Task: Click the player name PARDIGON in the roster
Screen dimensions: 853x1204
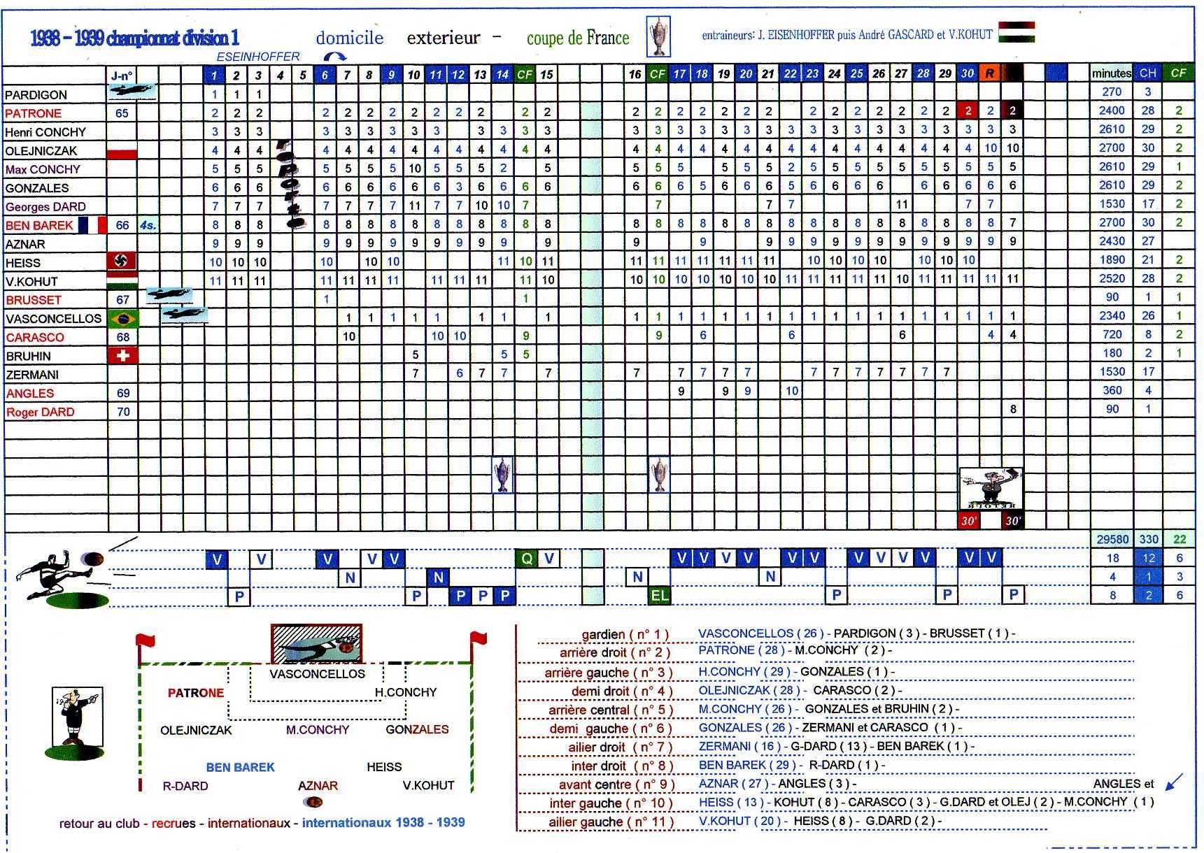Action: pyautogui.click(x=36, y=95)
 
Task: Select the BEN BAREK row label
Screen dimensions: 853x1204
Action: pyautogui.click(x=39, y=225)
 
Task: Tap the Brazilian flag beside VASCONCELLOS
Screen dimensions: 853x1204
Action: pyautogui.click(x=122, y=319)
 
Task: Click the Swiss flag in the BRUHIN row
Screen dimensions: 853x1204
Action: pyautogui.click(x=122, y=356)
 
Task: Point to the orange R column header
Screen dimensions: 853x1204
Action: pyautogui.click(x=989, y=73)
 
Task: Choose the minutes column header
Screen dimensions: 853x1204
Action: pyautogui.click(x=1111, y=73)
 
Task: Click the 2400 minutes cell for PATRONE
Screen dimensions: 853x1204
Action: pyautogui.click(x=1111, y=110)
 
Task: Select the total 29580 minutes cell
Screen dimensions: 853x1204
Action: pyautogui.click(x=1112, y=539)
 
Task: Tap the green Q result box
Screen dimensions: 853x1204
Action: pyautogui.click(x=526, y=559)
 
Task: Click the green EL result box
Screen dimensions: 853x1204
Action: pyautogui.click(x=659, y=596)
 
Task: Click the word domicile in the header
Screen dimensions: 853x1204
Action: pyautogui.click(x=350, y=38)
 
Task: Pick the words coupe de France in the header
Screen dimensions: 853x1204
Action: pyautogui.click(x=578, y=38)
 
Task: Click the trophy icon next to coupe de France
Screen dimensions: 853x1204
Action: pyautogui.click(x=658, y=36)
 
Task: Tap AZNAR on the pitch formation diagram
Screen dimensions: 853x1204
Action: pyautogui.click(x=318, y=786)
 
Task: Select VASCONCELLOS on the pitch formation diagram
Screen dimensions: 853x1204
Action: pyautogui.click(x=317, y=674)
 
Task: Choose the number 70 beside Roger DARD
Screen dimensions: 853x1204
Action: pyautogui.click(x=123, y=412)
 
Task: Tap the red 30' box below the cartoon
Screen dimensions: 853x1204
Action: pyautogui.click(x=968, y=521)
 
